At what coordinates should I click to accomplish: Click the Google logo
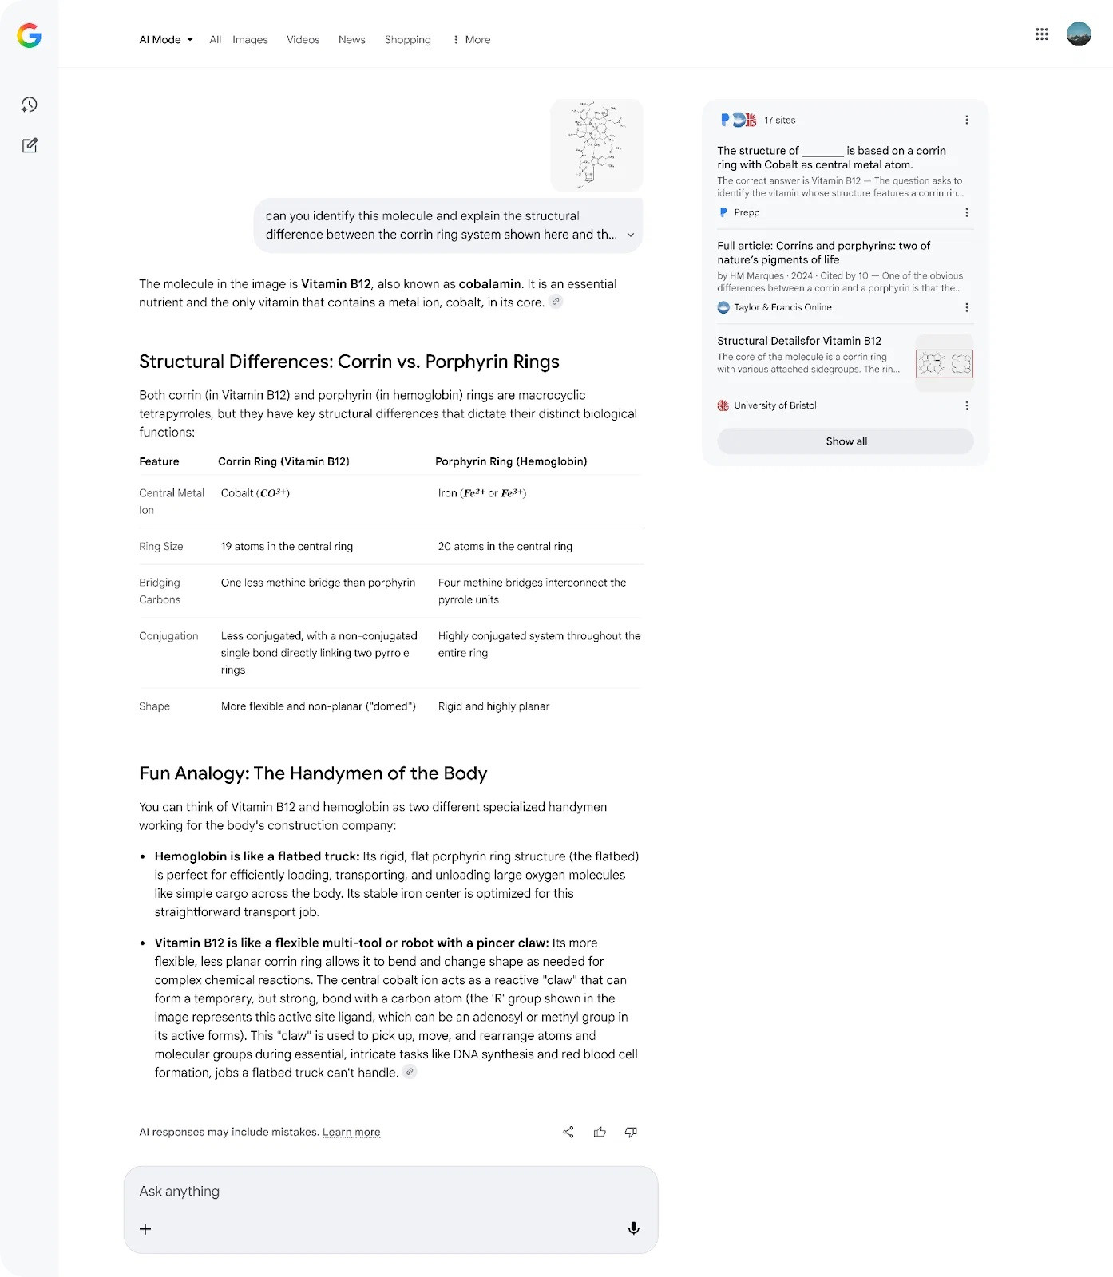point(30,35)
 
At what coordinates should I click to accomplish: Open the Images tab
point(250,40)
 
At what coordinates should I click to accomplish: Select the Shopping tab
point(407,40)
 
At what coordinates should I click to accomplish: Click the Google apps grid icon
point(1041,34)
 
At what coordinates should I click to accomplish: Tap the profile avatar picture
point(1079,34)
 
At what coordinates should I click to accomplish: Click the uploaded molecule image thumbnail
point(596,144)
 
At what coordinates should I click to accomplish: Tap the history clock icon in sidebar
point(30,105)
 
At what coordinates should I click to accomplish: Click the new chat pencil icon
point(30,145)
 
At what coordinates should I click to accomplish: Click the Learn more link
point(351,1132)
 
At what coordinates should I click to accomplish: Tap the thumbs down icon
point(631,1132)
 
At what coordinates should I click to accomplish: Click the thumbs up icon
point(600,1132)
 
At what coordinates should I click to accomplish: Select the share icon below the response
point(568,1132)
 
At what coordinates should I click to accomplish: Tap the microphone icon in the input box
point(633,1228)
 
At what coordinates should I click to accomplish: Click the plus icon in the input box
point(145,1229)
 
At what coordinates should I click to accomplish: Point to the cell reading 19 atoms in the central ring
point(287,547)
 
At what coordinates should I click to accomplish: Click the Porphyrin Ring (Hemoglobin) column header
point(511,461)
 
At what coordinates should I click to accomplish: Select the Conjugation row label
point(168,636)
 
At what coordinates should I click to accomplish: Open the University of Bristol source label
point(774,405)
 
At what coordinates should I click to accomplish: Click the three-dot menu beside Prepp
point(966,212)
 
